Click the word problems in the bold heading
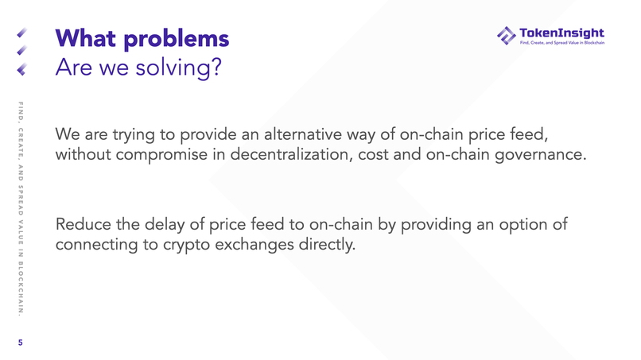click(177, 39)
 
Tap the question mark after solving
click(214, 68)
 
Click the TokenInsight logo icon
click(506, 36)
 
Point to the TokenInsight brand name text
click(561, 33)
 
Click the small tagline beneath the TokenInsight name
click(561, 43)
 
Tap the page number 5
click(21, 343)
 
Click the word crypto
click(189, 246)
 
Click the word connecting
click(96, 246)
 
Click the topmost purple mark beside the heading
click(21, 34)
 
